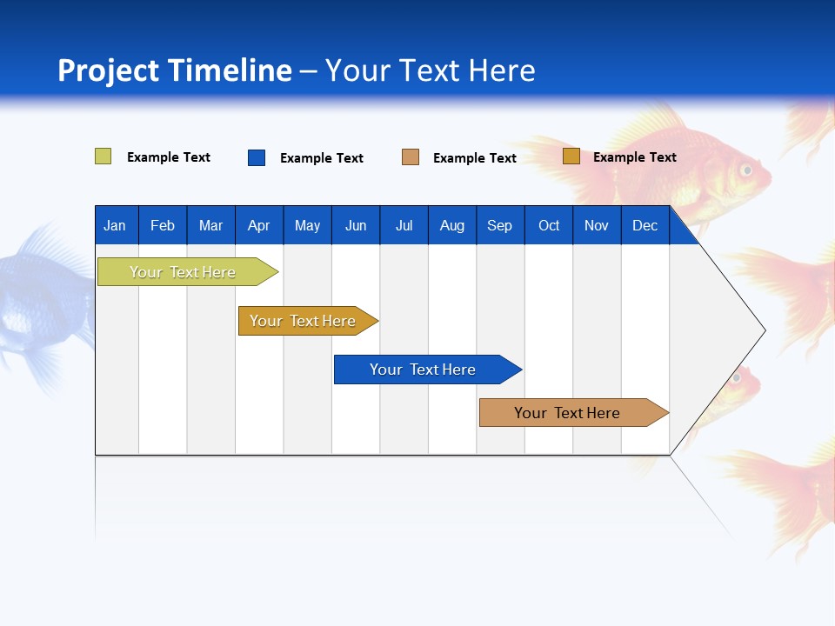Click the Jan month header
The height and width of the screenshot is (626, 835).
coord(115,226)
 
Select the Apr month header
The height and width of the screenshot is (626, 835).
coord(258,226)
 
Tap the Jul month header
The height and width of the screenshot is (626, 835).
coord(404,226)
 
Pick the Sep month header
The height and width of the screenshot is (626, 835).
coord(499,226)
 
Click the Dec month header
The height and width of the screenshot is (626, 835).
coord(645,226)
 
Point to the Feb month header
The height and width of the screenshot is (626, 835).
coord(163,226)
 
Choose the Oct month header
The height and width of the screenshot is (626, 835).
coord(549,226)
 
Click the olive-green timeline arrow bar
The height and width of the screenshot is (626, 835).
coord(183,272)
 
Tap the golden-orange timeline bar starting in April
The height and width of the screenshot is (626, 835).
coord(304,321)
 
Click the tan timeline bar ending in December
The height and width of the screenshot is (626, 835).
coord(568,413)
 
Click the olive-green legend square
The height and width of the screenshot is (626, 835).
coord(103,156)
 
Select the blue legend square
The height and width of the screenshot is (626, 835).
coord(257,157)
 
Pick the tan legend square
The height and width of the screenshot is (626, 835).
coord(411,157)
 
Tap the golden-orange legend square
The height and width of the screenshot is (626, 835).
coord(571,156)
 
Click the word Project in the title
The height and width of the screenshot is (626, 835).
coord(109,70)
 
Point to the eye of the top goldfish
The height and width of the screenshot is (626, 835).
coord(745,170)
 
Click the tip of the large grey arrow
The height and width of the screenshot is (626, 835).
coord(764,330)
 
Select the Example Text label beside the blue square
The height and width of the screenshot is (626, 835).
coord(321,158)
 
